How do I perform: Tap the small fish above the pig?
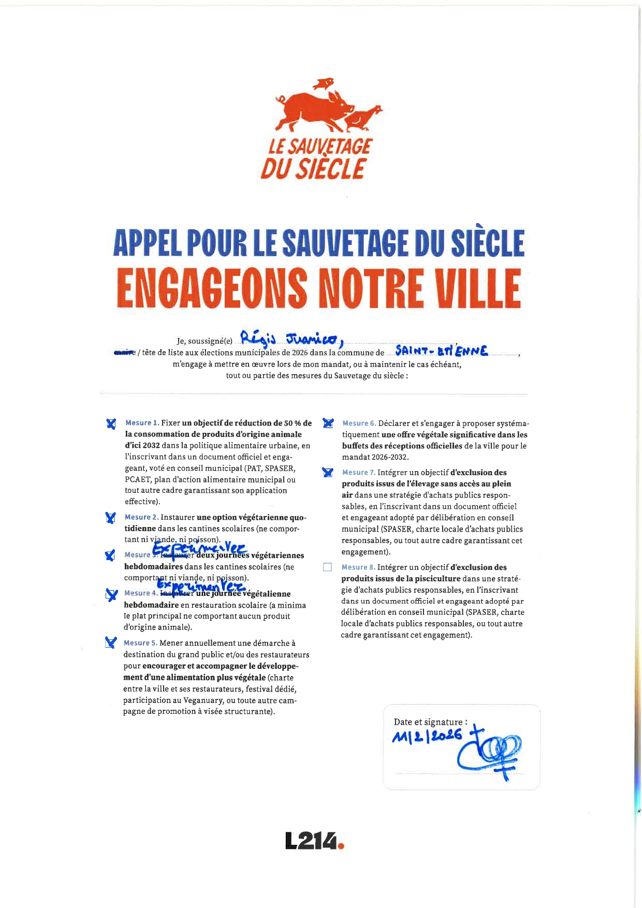point(324,83)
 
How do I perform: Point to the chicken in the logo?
point(362,118)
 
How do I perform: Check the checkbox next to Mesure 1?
point(111,423)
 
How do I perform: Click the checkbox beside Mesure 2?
point(110,518)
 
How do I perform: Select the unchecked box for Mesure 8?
point(327,567)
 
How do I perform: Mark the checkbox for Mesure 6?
point(328,423)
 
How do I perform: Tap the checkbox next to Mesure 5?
point(110,643)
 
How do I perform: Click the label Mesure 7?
point(358,473)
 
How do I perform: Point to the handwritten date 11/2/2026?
point(428,737)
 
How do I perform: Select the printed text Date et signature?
point(430,722)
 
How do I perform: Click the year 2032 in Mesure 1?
point(151,446)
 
